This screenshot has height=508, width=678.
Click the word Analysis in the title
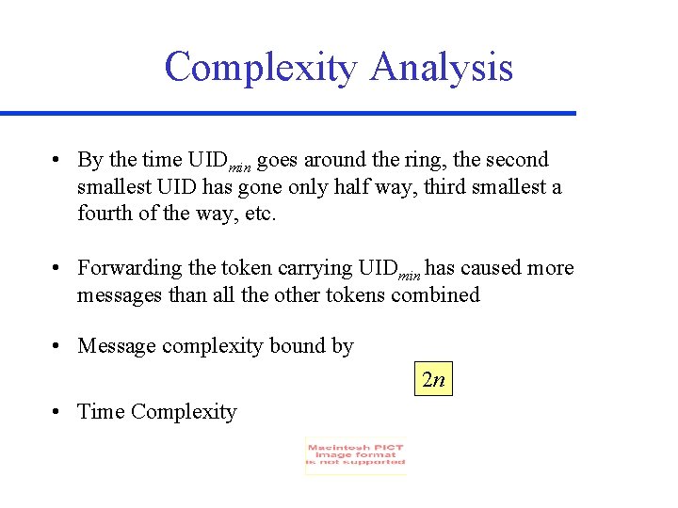(x=442, y=68)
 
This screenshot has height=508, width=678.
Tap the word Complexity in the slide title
(x=261, y=68)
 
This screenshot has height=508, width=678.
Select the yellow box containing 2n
(x=433, y=380)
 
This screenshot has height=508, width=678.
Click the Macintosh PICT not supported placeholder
(x=356, y=456)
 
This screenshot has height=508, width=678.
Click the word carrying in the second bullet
(x=316, y=268)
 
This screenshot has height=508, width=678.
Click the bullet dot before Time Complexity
(x=58, y=412)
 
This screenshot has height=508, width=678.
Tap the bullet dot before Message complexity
(x=58, y=346)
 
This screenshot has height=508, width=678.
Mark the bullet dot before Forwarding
(x=58, y=268)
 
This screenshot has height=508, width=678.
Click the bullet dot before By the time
(x=58, y=160)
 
